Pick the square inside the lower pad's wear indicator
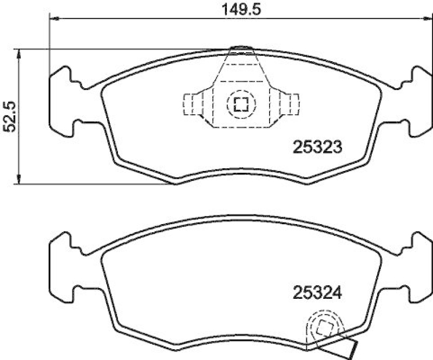[x=325, y=328]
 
